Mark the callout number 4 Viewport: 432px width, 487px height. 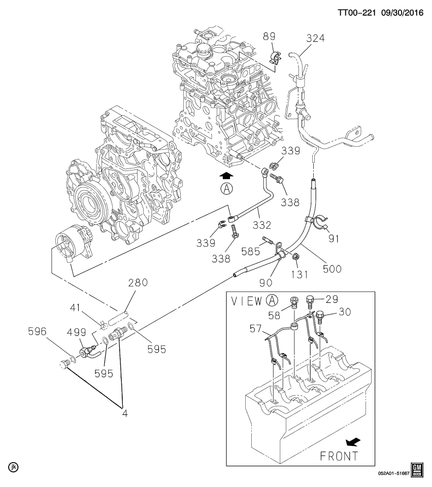(125, 413)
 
